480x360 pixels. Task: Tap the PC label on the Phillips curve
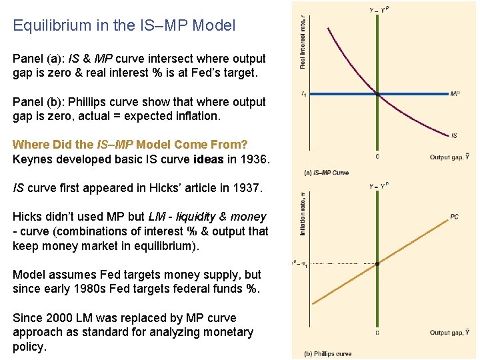[x=454, y=217]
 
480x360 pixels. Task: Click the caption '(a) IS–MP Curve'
[x=327, y=173]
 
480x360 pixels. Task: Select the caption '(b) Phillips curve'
[x=328, y=353]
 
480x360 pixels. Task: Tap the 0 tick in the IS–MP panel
[x=378, y=157]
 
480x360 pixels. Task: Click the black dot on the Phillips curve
[x=378, y=264]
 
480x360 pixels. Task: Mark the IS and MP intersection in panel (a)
[x=378, y=94]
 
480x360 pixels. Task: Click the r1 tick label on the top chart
[x=305, y=94]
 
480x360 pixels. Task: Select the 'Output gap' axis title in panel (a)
[x=449, y=157]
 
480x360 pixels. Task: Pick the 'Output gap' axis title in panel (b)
[x=449, y=333]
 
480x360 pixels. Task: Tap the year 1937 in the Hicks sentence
[x=249, y=189]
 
